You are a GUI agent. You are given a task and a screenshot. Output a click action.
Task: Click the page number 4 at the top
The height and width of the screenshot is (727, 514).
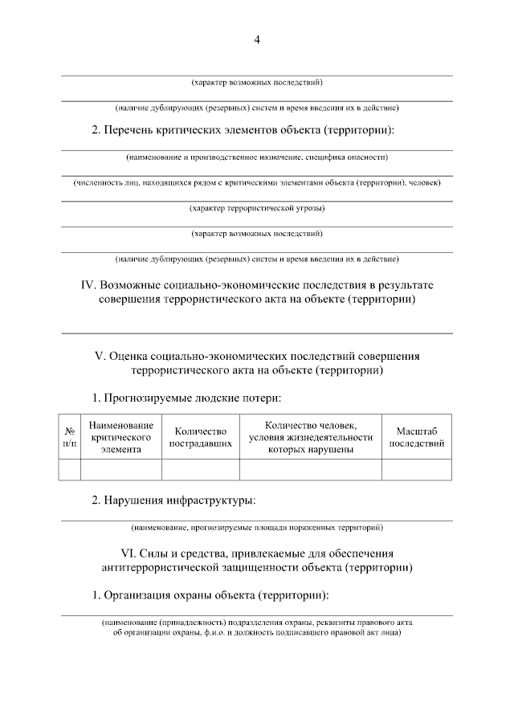click(257, 39)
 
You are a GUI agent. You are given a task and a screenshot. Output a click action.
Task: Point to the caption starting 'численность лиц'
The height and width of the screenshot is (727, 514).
click(257, 182)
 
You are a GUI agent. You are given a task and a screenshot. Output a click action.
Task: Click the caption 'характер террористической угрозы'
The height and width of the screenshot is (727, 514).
click(257, 208)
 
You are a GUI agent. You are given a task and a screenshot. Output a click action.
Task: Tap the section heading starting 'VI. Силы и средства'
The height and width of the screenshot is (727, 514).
click(257, 561)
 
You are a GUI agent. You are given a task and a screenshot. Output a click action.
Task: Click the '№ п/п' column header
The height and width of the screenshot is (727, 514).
click(70, 437)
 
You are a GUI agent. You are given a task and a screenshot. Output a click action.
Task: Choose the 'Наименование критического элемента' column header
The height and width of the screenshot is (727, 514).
click(121, 437)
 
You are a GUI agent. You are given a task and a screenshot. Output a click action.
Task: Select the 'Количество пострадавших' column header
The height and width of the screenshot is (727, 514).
click(201, 437)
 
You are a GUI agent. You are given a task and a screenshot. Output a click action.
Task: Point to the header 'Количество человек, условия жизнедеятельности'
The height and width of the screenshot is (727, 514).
click(311, 437)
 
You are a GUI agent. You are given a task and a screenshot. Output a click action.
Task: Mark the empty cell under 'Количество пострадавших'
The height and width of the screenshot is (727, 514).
click(201, 469)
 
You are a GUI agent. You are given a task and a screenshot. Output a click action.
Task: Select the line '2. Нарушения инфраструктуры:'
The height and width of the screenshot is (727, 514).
click(173, 500)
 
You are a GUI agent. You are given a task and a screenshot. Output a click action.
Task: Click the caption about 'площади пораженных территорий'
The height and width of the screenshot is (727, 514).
click(257, 528)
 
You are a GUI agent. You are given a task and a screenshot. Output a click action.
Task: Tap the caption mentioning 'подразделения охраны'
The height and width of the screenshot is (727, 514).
click(257, 627)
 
